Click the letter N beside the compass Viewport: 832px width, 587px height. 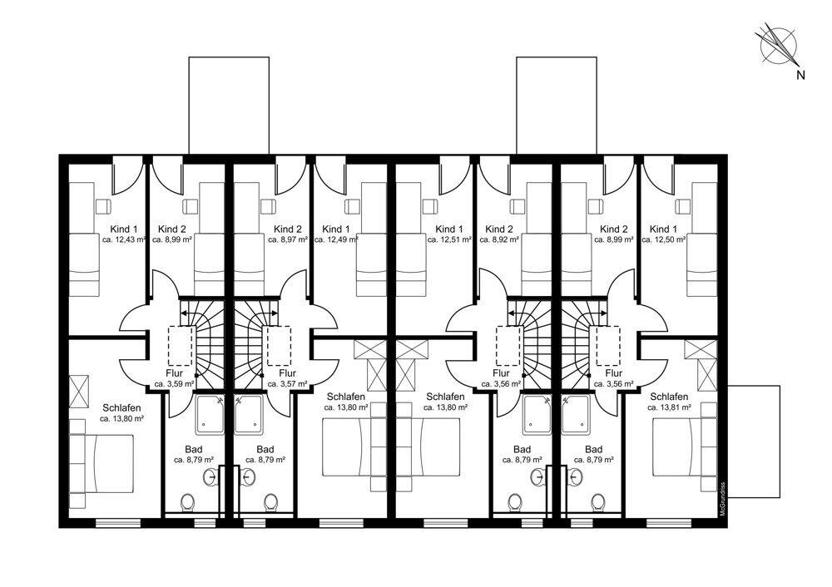pos(800,76)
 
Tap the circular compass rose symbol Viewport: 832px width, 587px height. pos(776,46)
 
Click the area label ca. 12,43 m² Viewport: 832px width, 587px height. pos(124,239)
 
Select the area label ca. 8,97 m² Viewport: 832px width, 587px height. pos(288,239)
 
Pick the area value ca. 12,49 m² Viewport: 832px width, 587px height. pos(336,239)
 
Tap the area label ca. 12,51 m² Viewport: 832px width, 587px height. pos(449,239)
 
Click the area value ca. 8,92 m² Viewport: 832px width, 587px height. pos(498,239)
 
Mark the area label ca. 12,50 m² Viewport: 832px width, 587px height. pos(664,239)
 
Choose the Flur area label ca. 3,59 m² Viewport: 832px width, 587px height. pos(174,384)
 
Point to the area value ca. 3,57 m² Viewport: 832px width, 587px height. pos(288,384)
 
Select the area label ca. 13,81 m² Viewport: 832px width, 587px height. pos(669,407)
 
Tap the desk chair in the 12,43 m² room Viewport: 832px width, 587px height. pos(103,205)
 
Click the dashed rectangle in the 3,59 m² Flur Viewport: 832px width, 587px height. pos(180,346)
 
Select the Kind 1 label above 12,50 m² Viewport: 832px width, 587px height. pos(663,229)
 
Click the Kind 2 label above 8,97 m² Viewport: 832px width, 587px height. pos(288,229)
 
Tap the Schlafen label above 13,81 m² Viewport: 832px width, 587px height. pos(669,397)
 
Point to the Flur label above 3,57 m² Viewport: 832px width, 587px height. pos(287,373)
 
